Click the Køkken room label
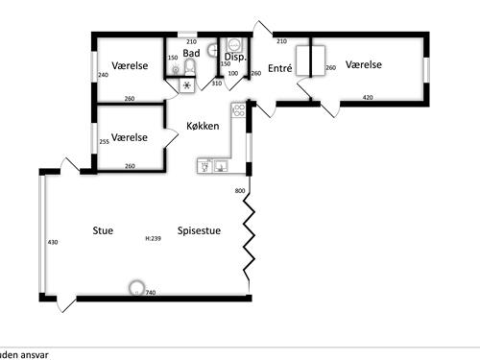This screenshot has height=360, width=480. pos(203,126)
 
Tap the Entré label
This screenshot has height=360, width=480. pos(280,68)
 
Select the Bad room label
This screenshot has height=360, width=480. pos(191,53)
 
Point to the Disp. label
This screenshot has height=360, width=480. pos(235,57)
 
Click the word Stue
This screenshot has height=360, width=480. pos(103,230)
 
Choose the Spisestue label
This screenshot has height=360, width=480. pos(199,230)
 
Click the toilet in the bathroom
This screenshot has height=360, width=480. pos(189,67)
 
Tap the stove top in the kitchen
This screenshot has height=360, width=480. pos(239,110)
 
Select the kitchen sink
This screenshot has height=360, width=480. pos(221,166)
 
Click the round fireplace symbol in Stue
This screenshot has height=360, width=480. pos(136,287)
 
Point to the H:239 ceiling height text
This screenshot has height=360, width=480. pos(154,238)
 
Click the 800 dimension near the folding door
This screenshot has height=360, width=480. pos(240,191)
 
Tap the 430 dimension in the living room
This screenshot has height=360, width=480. pos(53,242)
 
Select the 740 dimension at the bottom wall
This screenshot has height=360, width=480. pos(151,293)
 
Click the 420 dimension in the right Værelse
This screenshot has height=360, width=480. pos(368,97)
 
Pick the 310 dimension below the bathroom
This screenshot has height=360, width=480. pos(217,84)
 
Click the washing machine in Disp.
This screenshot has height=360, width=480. pos(234,45)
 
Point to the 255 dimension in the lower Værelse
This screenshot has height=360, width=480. pos(105,141)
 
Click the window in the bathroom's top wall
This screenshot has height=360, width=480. pos(187,35)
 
